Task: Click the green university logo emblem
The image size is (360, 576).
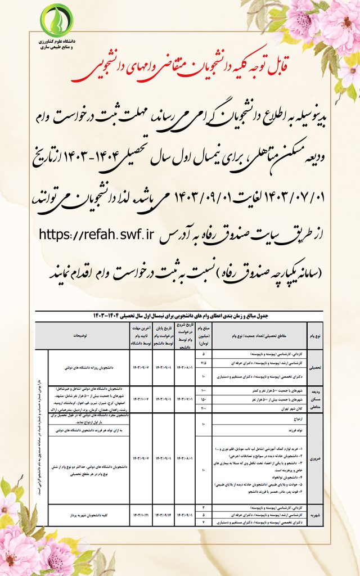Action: (55, 21)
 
